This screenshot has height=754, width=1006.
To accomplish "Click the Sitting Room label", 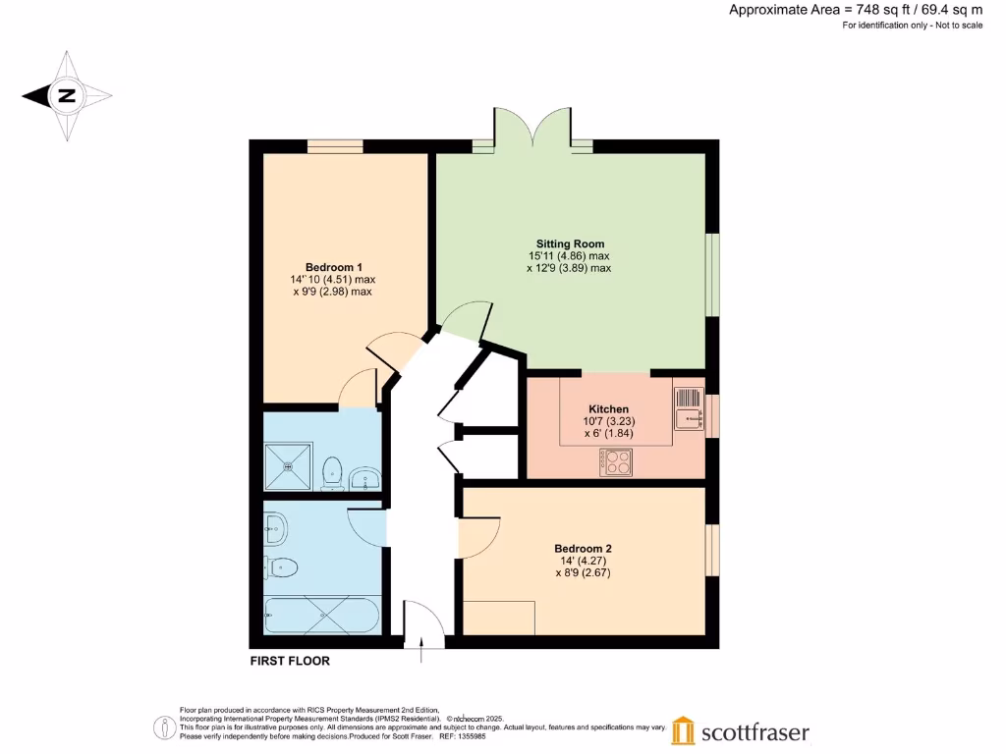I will coord(570,243).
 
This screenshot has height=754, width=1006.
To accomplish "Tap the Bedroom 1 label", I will coord(334,267).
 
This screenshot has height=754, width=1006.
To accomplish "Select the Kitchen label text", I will coord(608,409).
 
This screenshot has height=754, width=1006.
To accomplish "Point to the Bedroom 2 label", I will coord(583,549).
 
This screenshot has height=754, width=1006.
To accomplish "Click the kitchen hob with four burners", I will coord(616,461).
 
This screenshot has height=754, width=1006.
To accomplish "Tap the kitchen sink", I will coord(690,408).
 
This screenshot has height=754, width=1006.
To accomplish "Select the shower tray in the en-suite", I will coord(289,465).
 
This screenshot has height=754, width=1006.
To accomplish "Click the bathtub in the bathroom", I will coord(321,616).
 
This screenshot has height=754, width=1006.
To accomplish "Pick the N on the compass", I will coord(67,96).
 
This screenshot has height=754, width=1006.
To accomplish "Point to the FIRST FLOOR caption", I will coord(290,661).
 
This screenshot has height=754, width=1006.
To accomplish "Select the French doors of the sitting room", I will coord(532,130).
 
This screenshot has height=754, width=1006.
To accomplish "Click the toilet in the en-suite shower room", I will coord(332,469).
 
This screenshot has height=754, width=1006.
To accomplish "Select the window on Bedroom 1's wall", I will coord(335,146).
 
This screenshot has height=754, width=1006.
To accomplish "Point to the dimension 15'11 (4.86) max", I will coord(569,256).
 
